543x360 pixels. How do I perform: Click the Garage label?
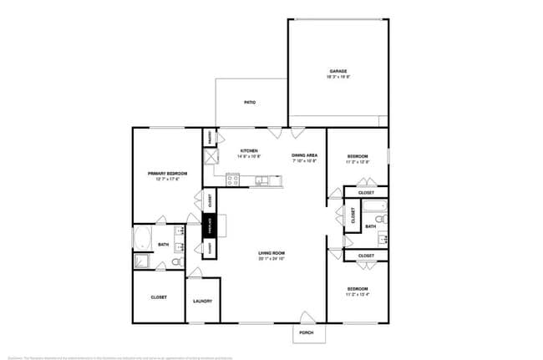coord(337,71)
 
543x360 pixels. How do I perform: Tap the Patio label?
coord(249,103)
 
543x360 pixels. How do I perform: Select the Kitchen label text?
coord(249,150)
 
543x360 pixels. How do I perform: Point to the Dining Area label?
coord(304,155)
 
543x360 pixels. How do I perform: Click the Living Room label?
coord(271,253)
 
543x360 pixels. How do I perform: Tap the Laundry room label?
coord(202,301)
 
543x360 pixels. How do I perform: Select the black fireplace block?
coord(210,226)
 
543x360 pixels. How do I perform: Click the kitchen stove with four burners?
coord(231,178)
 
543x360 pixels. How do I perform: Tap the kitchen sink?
coord(262,179)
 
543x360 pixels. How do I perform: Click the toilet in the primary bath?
coord(177,261)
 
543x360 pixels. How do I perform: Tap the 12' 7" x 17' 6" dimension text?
coord(167,179)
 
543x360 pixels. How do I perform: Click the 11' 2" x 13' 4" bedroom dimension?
coord(357,294)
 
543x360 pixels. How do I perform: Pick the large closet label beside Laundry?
coord(159,297)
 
